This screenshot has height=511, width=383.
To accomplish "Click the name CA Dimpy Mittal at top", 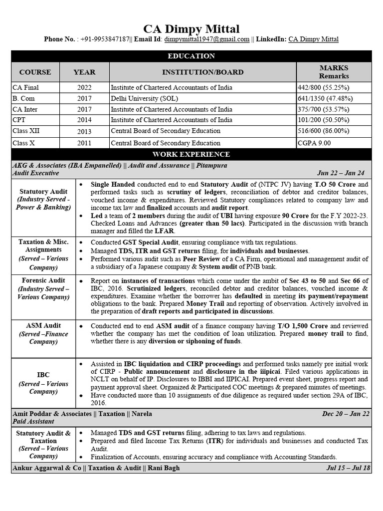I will pyautogui.click(x=191, y=28).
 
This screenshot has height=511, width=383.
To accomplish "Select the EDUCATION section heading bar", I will pyautogui.click(x=191, y=56).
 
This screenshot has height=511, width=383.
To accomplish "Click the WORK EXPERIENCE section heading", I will pyautogui.click(x=191, y=154).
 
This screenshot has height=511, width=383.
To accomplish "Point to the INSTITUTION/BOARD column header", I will pyautogui.click(x=202, y=72).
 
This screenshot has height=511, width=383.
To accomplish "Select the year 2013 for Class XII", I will pyautogui.click(x=84, y=132).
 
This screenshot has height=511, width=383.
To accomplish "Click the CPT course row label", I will pyautogui.click(x=19, y=120).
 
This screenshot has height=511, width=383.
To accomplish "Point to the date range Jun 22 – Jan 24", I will pyautogui.click(x=340, y=173).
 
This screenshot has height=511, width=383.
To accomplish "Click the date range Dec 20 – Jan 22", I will pyautogui.click(x=346, y=414).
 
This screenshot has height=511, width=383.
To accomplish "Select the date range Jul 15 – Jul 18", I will pyautogui.click(x=348, y=468).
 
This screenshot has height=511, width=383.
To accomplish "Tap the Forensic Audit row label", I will pyautogui.click(x=43, y=280).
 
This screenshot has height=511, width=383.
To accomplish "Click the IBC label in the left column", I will pyautogui.click(x=43, y=374).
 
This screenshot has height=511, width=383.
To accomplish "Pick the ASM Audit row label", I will pyautogui.click(x=43, y=325).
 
